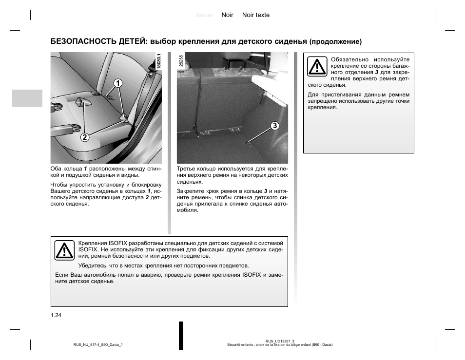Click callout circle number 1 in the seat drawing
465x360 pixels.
[117, 83]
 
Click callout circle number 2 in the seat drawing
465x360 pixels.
[85, 137]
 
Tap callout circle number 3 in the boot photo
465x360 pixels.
[275, 126]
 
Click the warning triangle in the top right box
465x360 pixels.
[317, 67]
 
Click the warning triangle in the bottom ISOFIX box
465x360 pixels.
[64, 249]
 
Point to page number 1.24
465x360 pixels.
[56, 315]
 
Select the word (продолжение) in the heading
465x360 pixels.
[335, 41]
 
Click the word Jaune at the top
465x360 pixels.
[204, 15]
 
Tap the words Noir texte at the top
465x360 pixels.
[256, 15]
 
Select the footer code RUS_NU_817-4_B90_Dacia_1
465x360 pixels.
[98, 345]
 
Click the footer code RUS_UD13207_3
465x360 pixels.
[280, 341]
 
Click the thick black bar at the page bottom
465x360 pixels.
[181, 335]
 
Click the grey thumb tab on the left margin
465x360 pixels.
[27, 98]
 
